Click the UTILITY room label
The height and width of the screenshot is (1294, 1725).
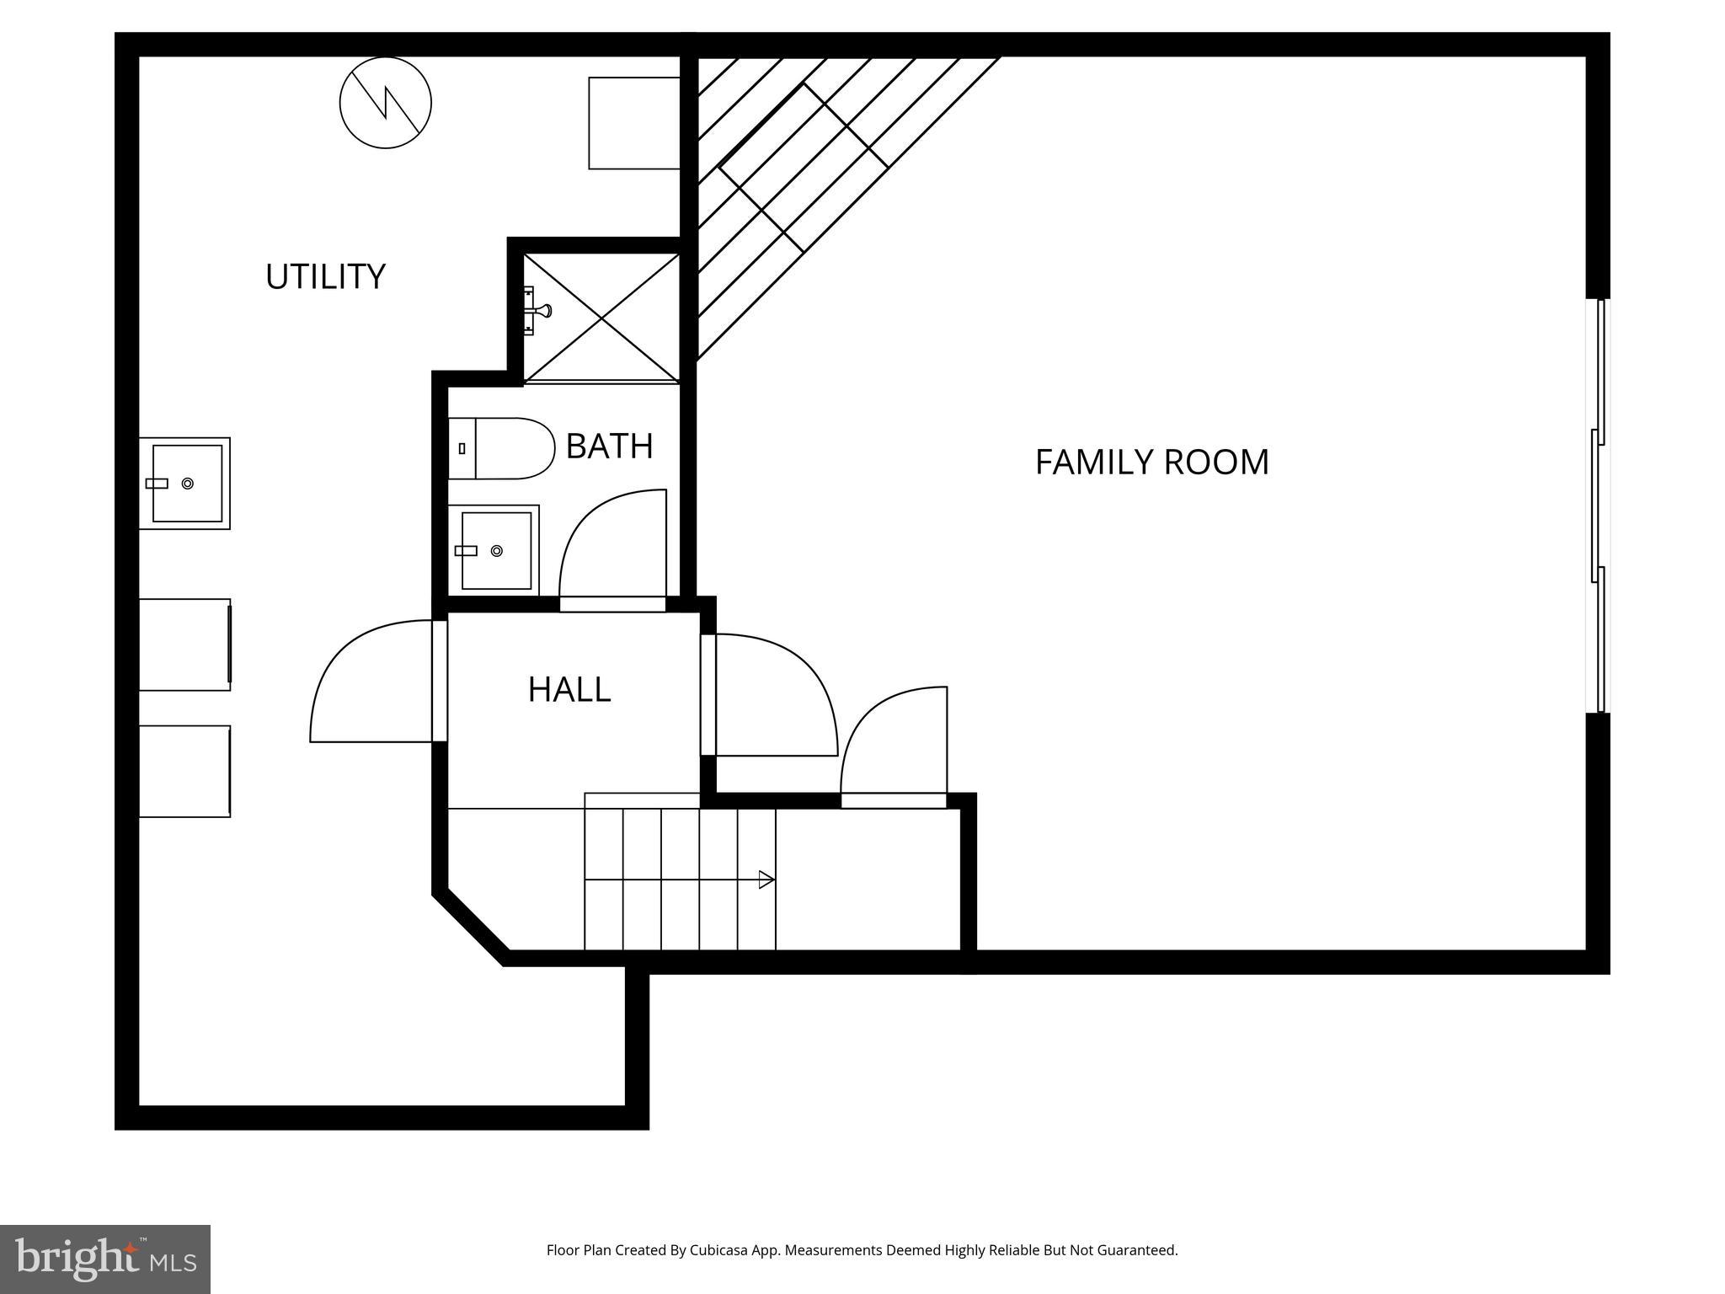click(x=325, y=277)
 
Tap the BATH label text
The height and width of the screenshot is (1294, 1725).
click(x=609, y=446)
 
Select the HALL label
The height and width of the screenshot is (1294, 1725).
click(x=569, y=690)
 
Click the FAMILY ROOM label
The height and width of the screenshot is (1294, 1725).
click(x=1151, y=463)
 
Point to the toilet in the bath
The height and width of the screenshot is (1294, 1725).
click(x=501, y=448)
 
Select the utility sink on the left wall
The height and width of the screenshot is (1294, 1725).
click(x=185, y=484)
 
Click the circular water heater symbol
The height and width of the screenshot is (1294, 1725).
click(x=386, y=103)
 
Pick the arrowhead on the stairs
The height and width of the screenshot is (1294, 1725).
click(x=766, y=880)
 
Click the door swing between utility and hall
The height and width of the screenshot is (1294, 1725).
click(x=371, y=682)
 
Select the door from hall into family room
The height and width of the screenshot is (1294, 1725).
click(x=771, y=695)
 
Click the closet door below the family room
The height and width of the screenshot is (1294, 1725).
click(x=895, y=741)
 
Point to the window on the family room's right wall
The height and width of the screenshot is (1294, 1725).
click(x=1598, y=505)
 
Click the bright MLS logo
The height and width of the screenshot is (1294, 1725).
click(x=105, y=1259)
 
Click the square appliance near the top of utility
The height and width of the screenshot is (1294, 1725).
click(x=633, y=123)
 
